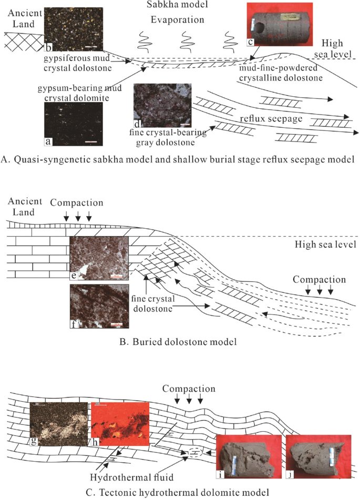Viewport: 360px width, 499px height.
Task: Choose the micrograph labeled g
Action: (x=58, y=427)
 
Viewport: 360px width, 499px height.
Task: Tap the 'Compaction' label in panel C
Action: (x=188, y=389)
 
